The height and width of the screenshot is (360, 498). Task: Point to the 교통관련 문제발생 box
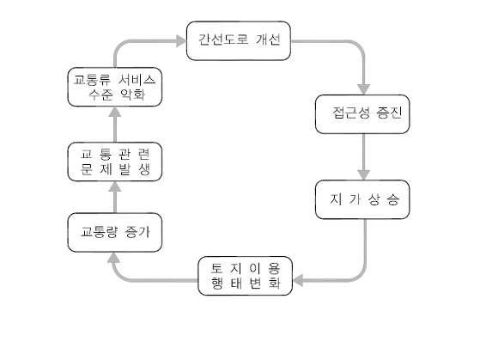coord(114,161)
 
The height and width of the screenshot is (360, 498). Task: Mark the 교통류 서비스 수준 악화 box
coord(114,87)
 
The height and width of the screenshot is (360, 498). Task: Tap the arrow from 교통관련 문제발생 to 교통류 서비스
coord(114,124)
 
